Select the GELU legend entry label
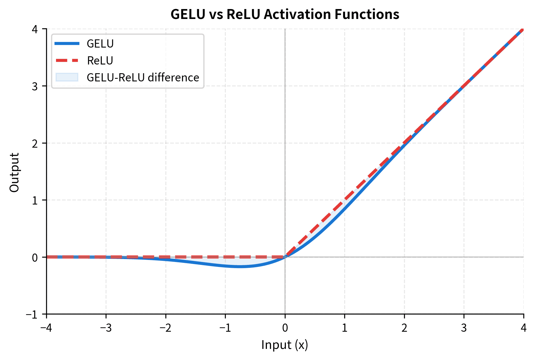coord(100,44)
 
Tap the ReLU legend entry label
coord(100,61)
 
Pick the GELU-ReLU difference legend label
coord(143,78)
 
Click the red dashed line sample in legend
coord(67,60)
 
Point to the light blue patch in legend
coord(67,77)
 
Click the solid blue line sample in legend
coord(67,44)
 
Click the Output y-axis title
coord(14,172)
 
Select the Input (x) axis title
coord(284,345)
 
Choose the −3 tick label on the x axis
coord(106,328)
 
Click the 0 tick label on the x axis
coord(285,328)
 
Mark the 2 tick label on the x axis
coord(404,328)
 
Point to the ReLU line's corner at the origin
coord(285,257)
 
